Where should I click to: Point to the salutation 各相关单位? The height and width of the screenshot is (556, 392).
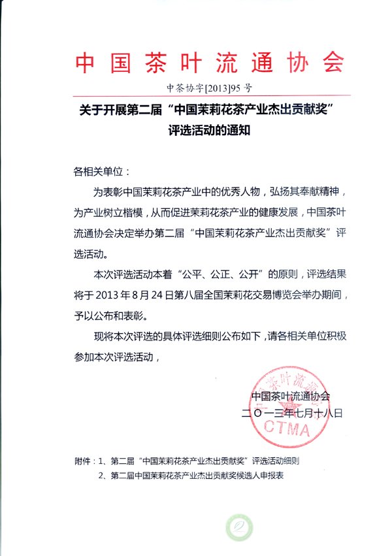[101, 172]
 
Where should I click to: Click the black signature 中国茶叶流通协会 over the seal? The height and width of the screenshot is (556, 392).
[291, 396]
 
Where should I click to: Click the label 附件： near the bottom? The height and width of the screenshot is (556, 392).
[87, 460]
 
